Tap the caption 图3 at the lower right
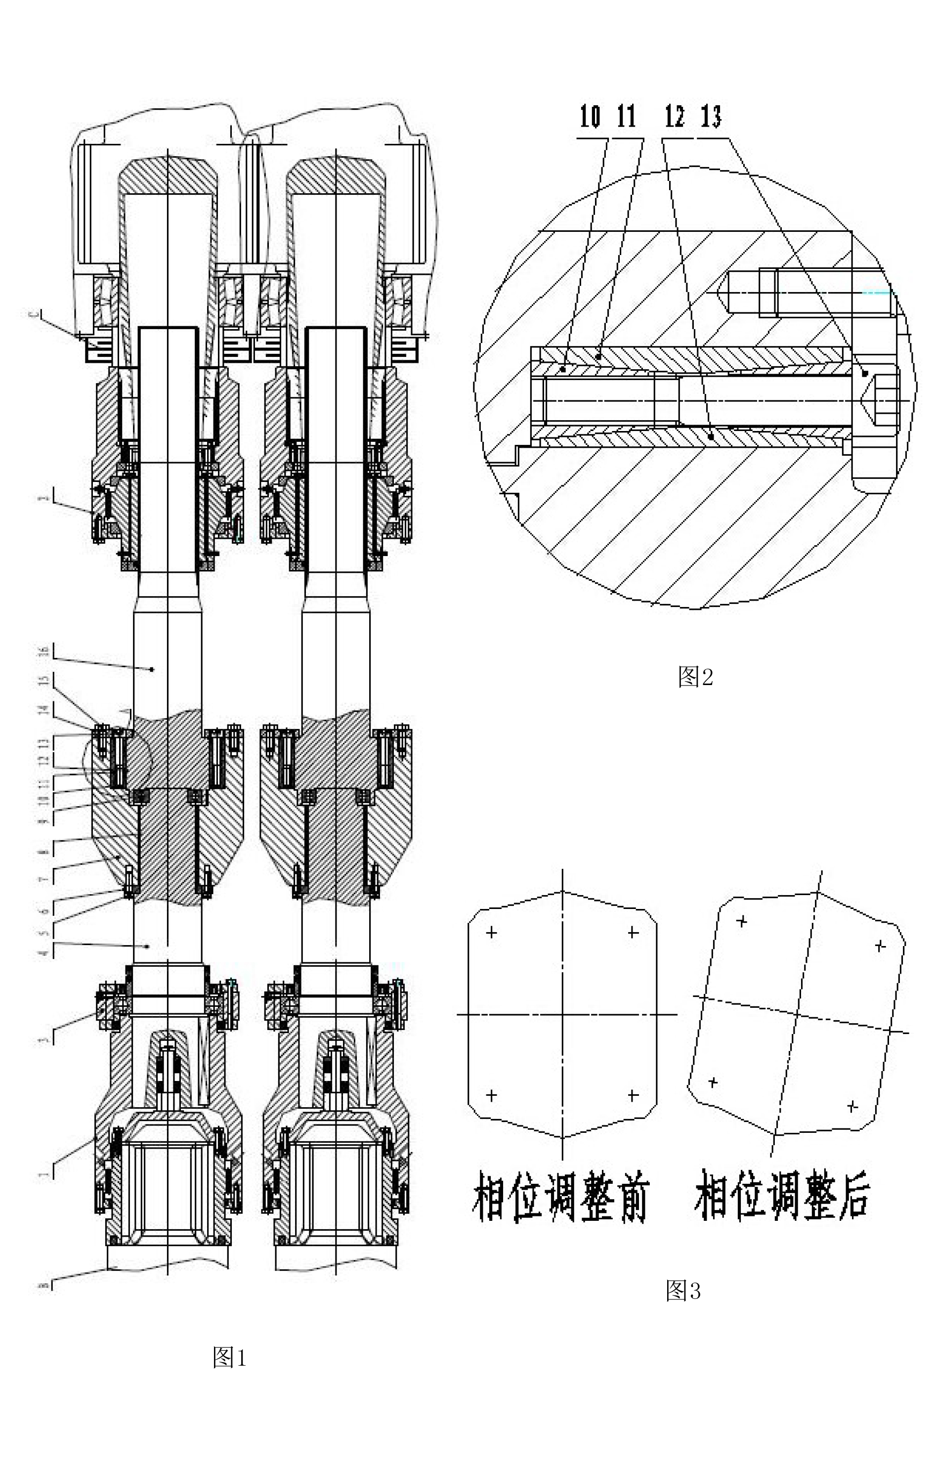tap(683, 1290)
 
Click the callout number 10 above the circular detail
tap(589, 116)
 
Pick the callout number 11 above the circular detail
tap(626, 116)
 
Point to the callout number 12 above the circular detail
tap(675, 116)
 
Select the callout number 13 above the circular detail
tap(711, 116)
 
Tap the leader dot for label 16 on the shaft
tap(152, 669)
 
